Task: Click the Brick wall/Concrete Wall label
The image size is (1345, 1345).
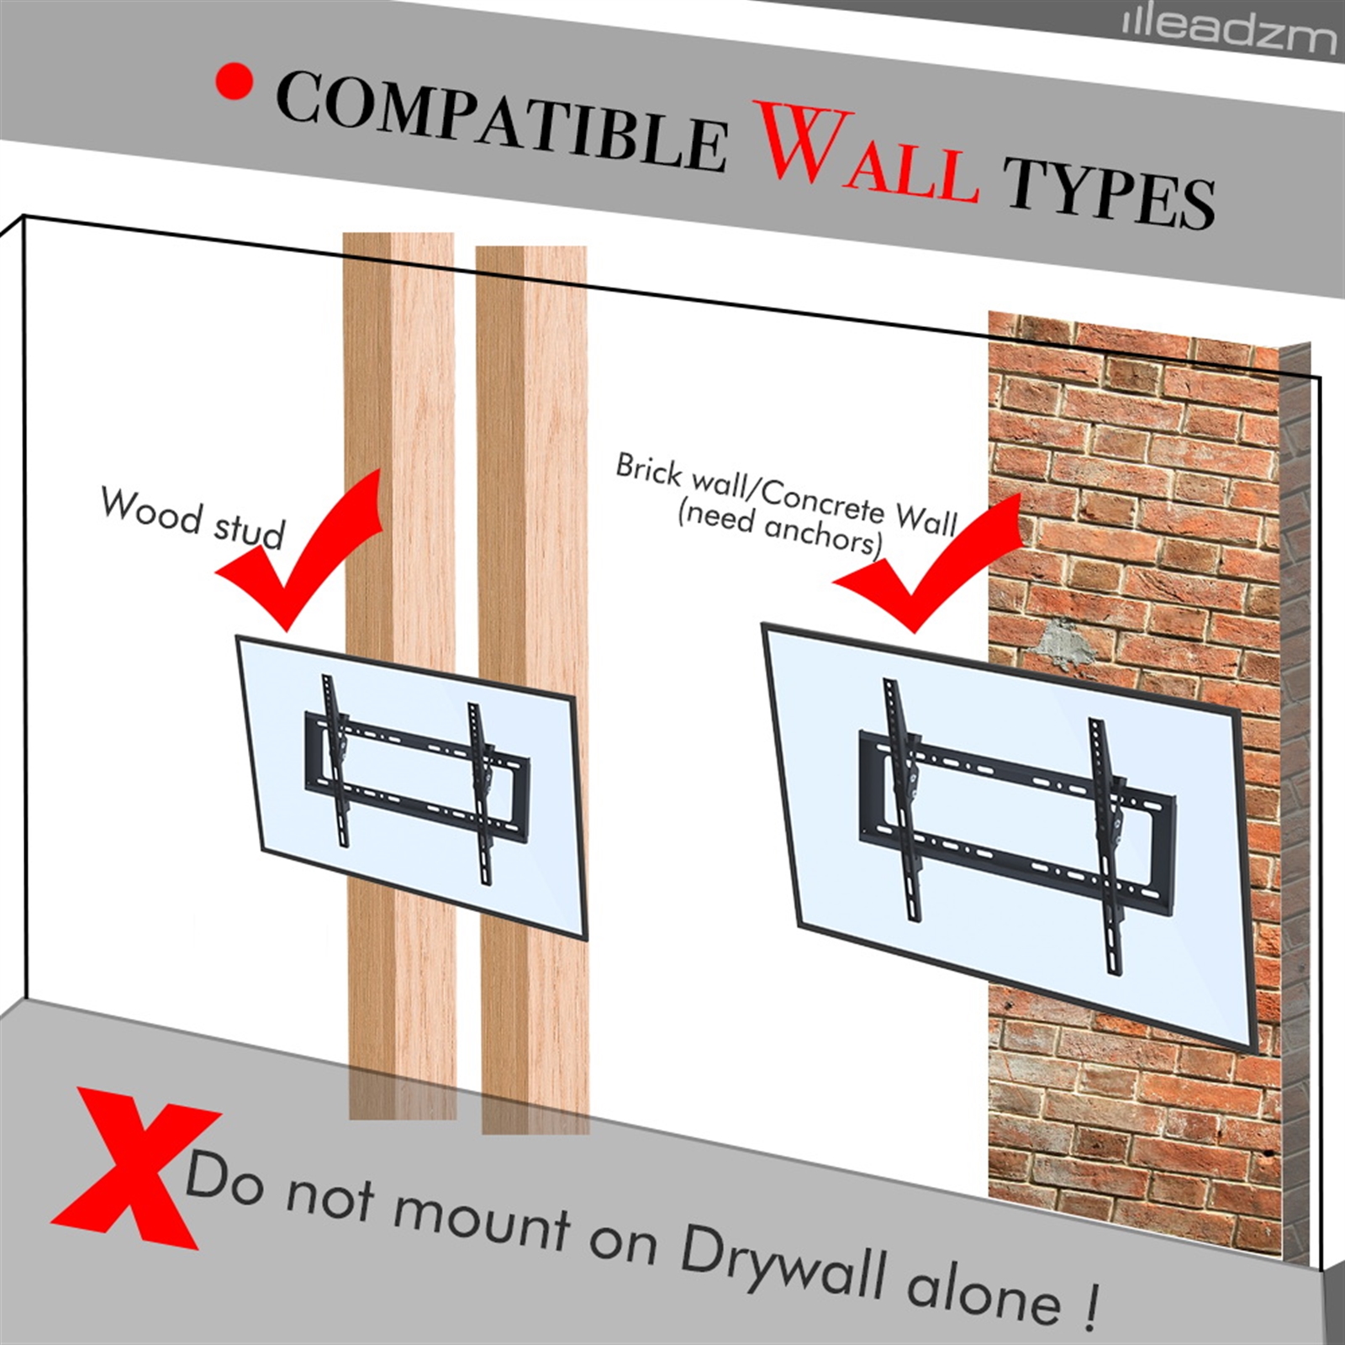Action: tap(788, 493)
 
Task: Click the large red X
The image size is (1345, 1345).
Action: tap(134, 1169)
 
